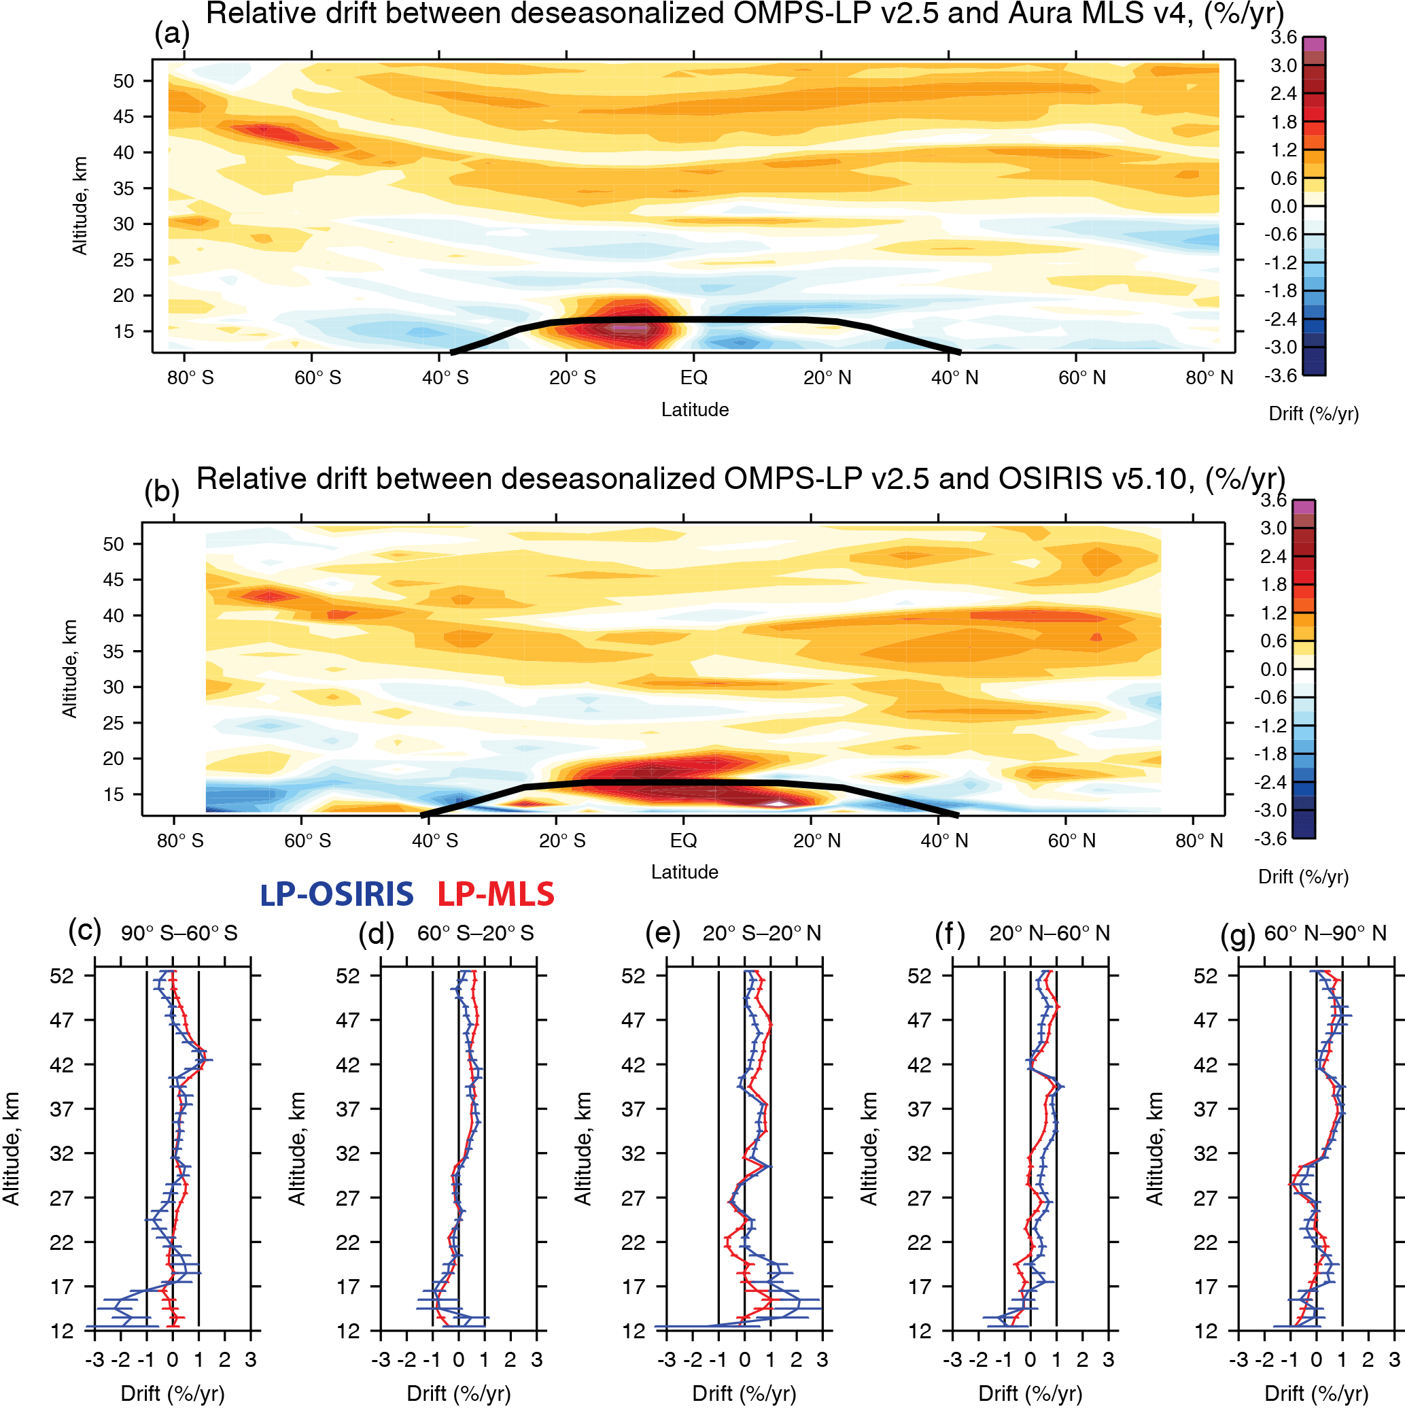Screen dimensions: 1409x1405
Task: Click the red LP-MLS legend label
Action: click(496, 895)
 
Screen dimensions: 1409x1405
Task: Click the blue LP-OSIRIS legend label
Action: click(337, 895)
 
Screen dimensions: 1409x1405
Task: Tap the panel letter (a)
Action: click(172, 33)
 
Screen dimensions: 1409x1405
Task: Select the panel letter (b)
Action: click(162, 492)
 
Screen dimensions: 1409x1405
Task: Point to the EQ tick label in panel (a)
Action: click(693, 378)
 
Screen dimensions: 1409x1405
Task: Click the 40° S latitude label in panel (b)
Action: click(435, 841)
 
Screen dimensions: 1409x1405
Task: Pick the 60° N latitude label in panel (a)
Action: click(1082, 378)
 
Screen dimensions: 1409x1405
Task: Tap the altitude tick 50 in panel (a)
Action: click(123, 81)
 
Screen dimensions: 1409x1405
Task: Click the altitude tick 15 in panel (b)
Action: click(113, 794)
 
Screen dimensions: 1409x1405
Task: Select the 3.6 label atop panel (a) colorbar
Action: click(1284, 37)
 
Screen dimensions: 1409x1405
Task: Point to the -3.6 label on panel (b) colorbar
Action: click(1271, 838)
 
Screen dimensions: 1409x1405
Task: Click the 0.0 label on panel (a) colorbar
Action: click(1284, 207)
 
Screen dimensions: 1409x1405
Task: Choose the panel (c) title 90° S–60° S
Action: click(179, 934)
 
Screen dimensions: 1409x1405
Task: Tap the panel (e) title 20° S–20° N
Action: click(762, 934)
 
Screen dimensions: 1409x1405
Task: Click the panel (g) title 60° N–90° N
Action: click(1325, 934)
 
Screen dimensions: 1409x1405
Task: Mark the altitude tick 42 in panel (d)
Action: click(348, 1065)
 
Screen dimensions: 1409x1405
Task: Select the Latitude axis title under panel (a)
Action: click(695, 410)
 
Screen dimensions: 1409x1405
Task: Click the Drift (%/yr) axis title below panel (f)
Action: click(1030, 1393)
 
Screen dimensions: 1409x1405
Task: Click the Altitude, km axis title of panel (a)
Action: click(80, 205)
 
